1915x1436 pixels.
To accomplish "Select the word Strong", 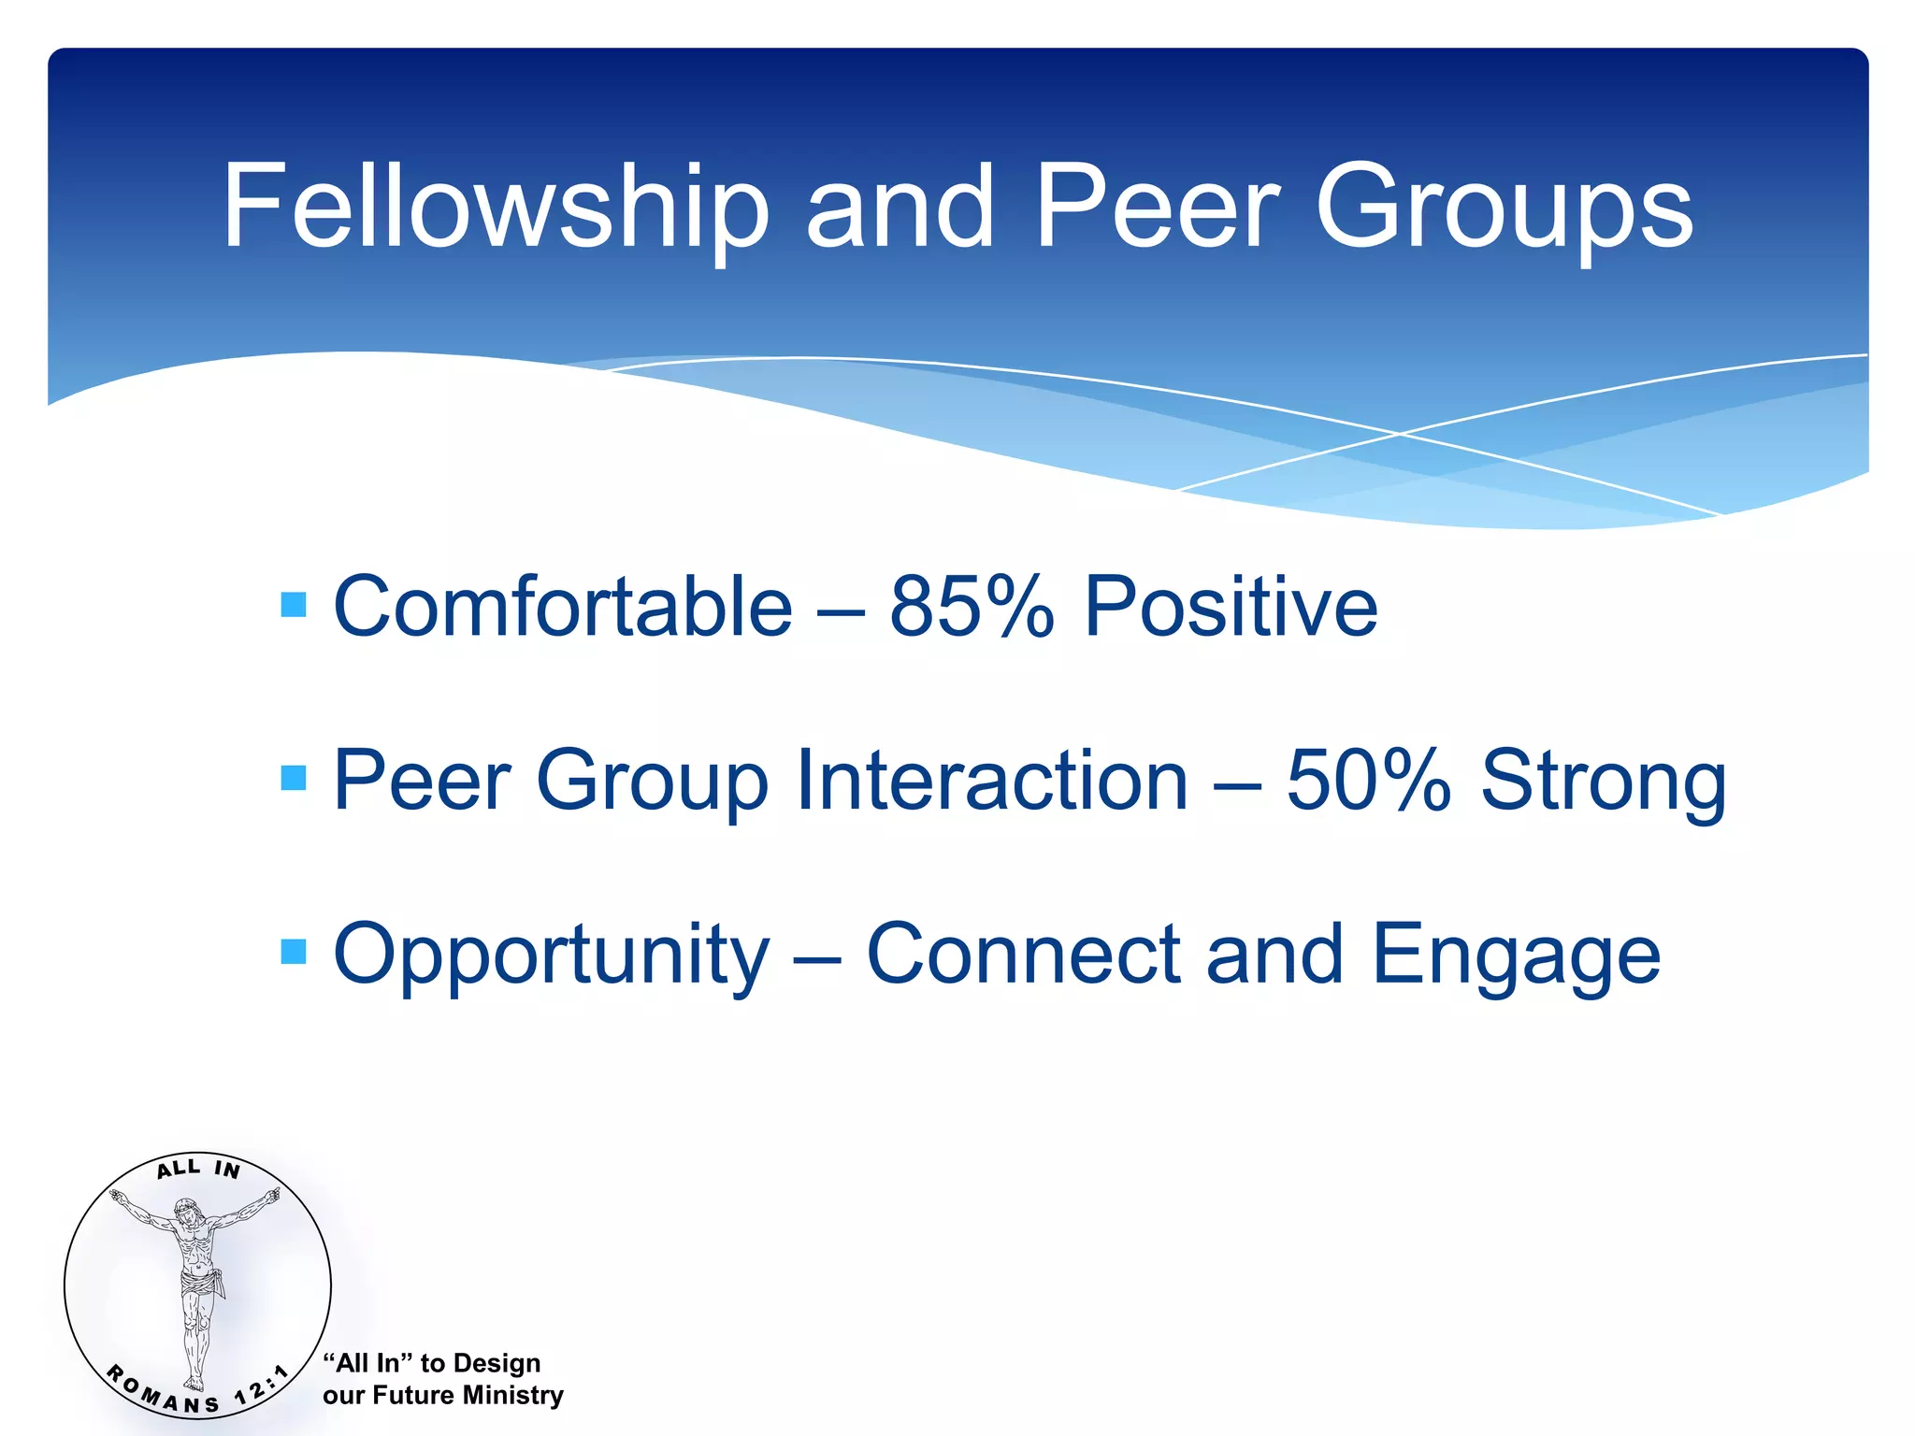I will tap(1603, 782).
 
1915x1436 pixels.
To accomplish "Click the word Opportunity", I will tap(552, 955).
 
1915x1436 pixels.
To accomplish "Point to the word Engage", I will tap(1515, 955).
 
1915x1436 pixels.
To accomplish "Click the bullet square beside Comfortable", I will tap(294, 605).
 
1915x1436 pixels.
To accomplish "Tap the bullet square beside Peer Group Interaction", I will tap(294, 778).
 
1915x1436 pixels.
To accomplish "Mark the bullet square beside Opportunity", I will tap(294, 952).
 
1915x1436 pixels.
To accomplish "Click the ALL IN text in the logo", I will tap(198, 1169).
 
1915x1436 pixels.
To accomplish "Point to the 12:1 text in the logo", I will tap(262, 1386).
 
